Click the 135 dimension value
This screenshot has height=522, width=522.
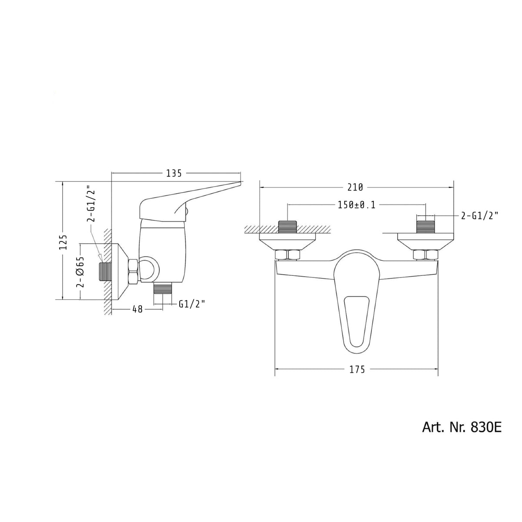click(x=174, y=173)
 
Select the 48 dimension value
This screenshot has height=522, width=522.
click(x=137, y=309)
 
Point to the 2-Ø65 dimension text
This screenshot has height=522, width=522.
click(x=81, y=271)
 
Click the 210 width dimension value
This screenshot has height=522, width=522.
click(x=355, y=187)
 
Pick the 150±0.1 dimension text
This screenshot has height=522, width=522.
click(x=357, y=205)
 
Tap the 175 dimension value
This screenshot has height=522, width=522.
click(x=357, y=369)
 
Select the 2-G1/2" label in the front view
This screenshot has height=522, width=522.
click(x=479, y=216)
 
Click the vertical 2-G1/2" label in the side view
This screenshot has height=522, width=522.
click(x=91, y=204)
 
